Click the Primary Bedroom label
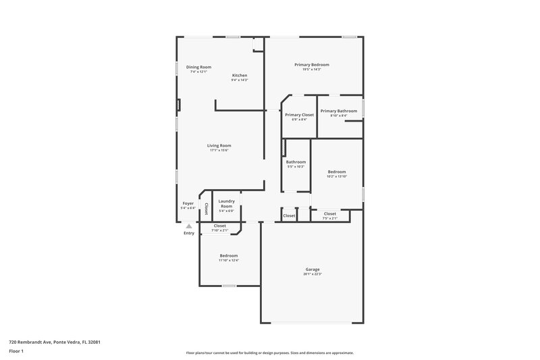(311, 64)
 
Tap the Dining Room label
(198, 67)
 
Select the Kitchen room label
(240, 75)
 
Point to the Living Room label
(219, 145)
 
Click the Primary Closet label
(299, 115)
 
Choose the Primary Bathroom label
(338, 111)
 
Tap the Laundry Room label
(227, 203)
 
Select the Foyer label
(188, 203)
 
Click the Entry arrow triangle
(188, 226)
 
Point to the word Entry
(189, 233)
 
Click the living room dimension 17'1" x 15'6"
(219, 150)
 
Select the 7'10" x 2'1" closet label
(219, 230)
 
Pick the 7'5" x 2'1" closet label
(330, 218)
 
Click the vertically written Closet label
(206, 208)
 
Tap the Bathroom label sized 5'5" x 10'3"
(296, 162)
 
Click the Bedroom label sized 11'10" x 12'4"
(229, 255)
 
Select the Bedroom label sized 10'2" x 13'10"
(337, 172)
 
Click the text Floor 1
(16, 352)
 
